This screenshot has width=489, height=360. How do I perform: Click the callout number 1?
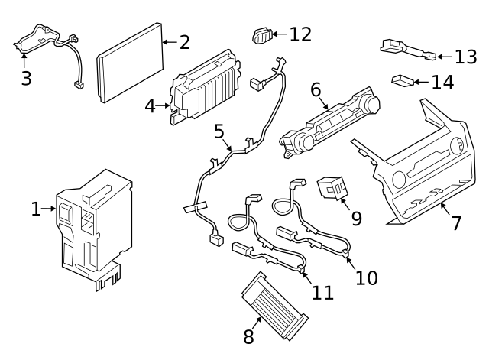pyautogui.click(x=36, y=209)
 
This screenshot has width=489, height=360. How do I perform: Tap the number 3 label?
pyautogui.click(x=26, y=79)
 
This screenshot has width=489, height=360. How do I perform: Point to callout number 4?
pyautogui.click(x=151, y=105)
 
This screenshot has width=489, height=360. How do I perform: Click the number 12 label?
pyautogui.click(x=300, y=34)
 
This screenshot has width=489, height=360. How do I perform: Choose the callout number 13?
pyautogui.click(x=465, y=57)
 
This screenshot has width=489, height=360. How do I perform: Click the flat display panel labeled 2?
pyautogui.click(x=130, y=63)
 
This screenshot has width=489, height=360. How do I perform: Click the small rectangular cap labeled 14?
pyautogui.click(x=402, y=79)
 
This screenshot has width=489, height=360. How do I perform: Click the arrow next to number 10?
pyautogui.click(x=351, y=260)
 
